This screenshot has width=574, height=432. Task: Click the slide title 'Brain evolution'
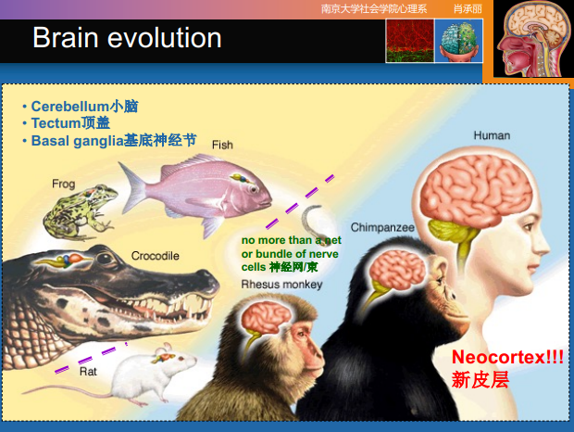[127, 38]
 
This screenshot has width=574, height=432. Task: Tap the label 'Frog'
[64, 184]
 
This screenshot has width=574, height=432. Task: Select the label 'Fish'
[222, 145]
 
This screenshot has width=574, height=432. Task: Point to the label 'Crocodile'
[155, 255]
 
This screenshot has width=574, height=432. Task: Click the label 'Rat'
[88, 371]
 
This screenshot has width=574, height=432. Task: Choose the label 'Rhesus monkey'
[281, 285]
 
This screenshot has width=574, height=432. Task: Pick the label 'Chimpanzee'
[382, 227]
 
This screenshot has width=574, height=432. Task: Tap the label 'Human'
[492, 135]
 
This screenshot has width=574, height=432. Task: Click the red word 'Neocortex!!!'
[507, 357]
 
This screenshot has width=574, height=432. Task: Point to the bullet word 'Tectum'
[56, 123]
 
